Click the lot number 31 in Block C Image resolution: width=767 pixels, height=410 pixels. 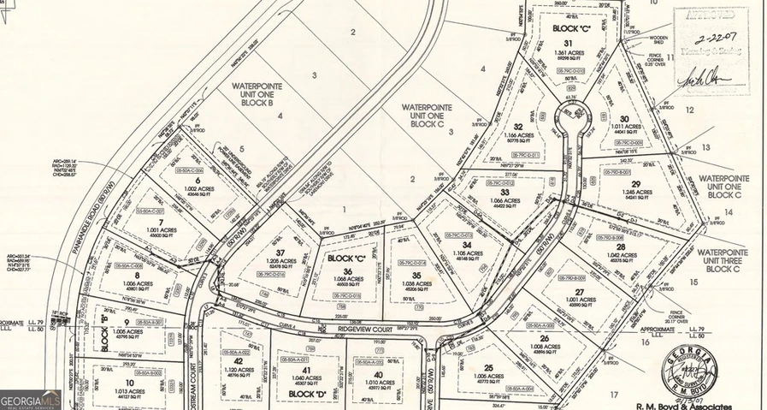point(567,44)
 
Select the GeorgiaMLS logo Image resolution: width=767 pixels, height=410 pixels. point(29,398)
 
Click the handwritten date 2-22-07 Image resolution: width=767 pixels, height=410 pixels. point(712,39)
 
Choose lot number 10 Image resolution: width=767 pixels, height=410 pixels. point(129,383)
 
